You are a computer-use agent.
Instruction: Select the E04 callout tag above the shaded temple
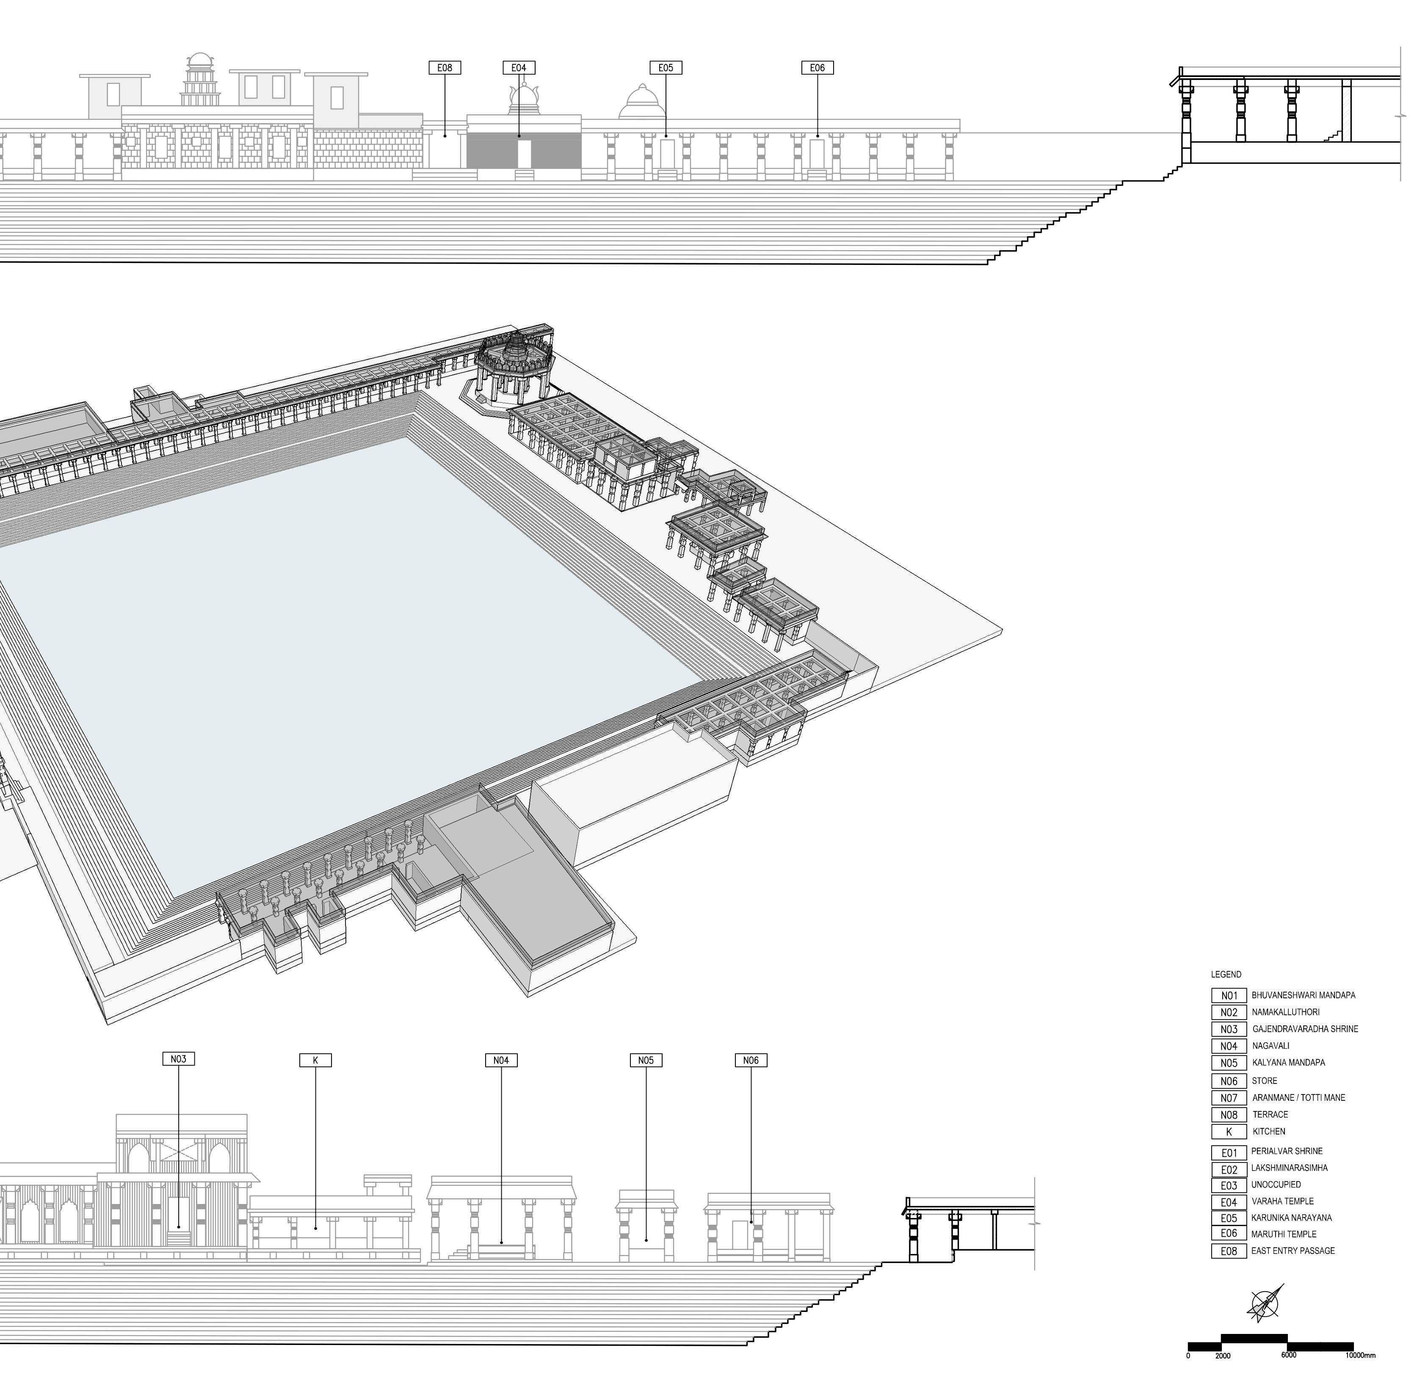point(519,68)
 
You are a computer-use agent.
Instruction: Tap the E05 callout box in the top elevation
point(666,68)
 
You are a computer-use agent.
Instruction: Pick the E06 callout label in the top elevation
point(817,68)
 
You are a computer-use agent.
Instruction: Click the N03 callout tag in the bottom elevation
point(178,1059)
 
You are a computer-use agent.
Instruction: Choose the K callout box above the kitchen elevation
point(315,1061)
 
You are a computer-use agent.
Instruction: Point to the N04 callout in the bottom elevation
point(501,1061)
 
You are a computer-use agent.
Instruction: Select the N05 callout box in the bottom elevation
point(646,1061)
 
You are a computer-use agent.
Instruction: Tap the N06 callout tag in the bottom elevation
point(751,1061)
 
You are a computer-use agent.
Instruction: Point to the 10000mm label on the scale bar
point(1360,1356)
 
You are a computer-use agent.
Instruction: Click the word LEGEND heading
point(1226,974)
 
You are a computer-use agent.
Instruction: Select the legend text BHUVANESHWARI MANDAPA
point(1304,995)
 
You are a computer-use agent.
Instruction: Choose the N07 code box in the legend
point(1229,1098)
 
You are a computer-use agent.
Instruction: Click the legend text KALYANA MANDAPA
point(1288,1062)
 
